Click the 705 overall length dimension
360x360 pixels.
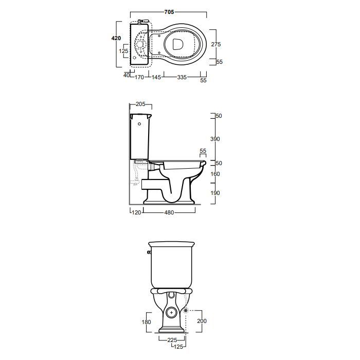click(x=169, y=12)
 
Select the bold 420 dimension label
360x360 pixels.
click(x=116, y=38)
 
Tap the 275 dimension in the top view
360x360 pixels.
click(x=216, y=44)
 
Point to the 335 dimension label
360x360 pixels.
click(x=182, y=77)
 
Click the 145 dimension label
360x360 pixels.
click(x=156, y=77)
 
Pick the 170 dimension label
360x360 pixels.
click(x=139, y=77)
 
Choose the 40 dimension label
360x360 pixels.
click(x=127, y=75)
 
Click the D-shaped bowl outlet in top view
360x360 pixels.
click(x=178, y=44)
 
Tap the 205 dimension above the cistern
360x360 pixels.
click(x=140, y=104)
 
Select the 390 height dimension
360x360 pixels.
click(x=215, y=139)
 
